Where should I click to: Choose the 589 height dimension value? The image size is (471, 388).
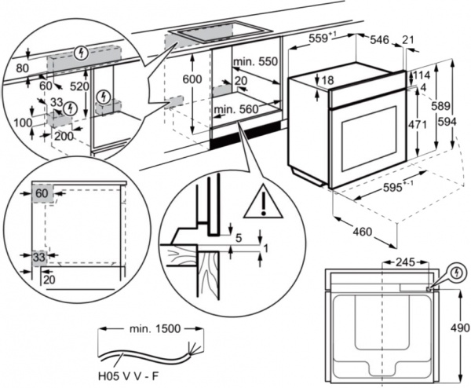pos(444,105)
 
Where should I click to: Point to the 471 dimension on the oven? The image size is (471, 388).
pos(422,124)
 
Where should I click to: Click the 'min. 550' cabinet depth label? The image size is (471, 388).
pos(256,61)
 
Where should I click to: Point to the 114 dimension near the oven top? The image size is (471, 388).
pos(422,75)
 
